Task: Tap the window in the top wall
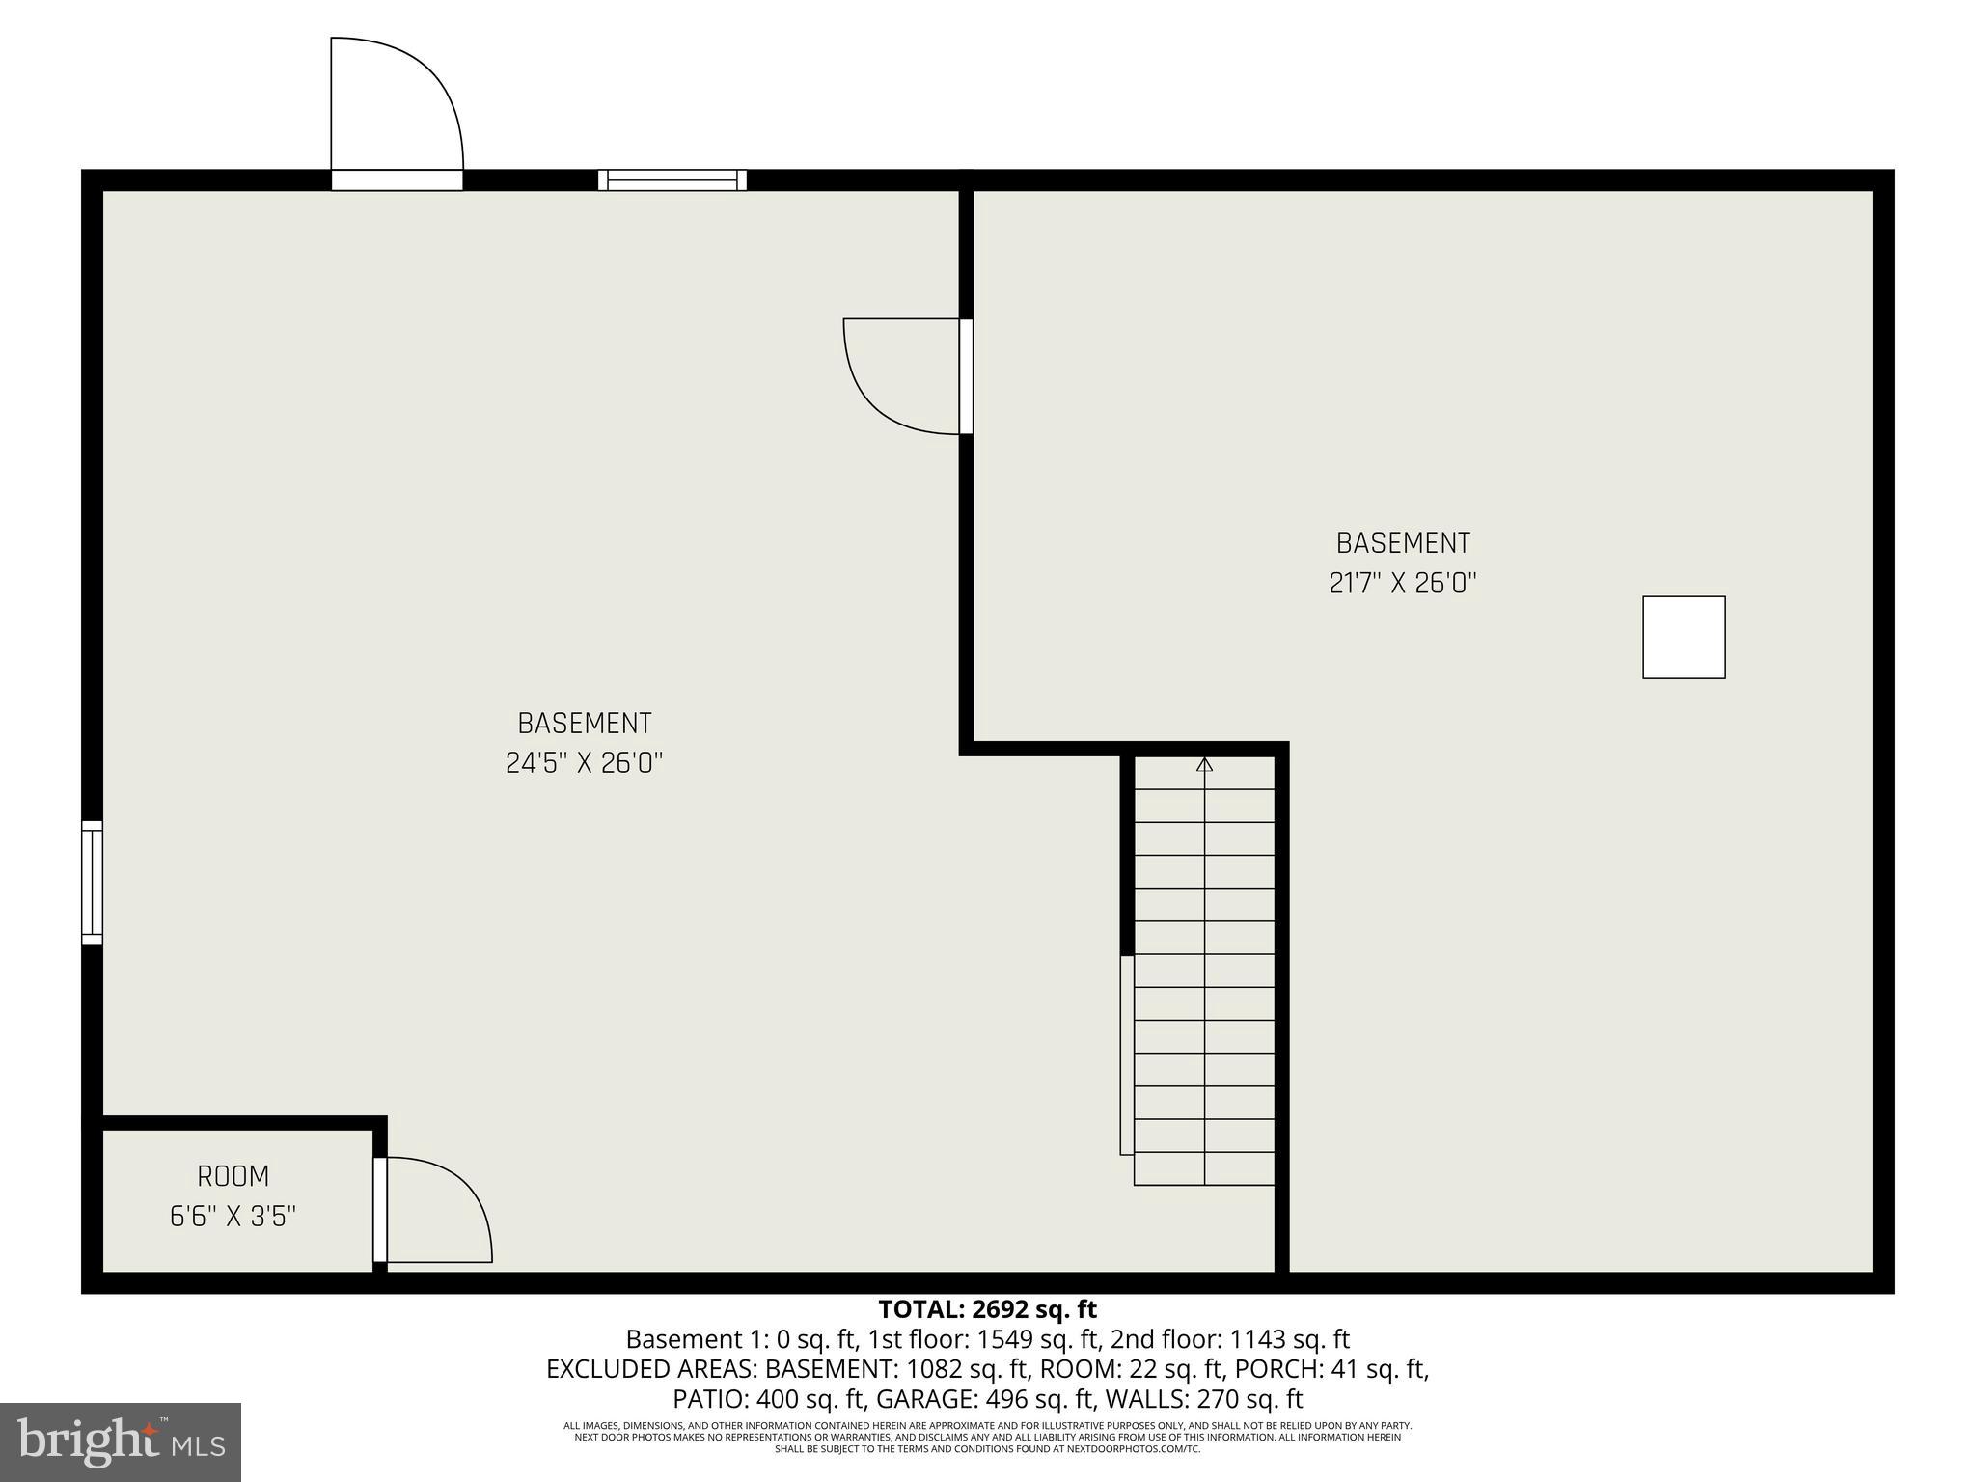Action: coord(672,179)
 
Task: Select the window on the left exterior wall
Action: coord(92,882)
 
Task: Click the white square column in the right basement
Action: coord(1684,637)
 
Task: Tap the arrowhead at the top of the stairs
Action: coord(1204,765)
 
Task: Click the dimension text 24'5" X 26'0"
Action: coord(585,763)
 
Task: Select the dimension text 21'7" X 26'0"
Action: coord(1403,583)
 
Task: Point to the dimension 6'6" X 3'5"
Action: coord(233,1217)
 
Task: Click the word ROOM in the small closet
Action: coord(233,1176)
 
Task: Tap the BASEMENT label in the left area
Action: coord(585,723)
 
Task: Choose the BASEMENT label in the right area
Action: coord(1403,543)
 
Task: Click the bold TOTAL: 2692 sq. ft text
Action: coord(987,1309)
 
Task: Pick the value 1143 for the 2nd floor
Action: coord(1255,1339)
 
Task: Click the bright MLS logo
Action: coord(121,1441)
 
